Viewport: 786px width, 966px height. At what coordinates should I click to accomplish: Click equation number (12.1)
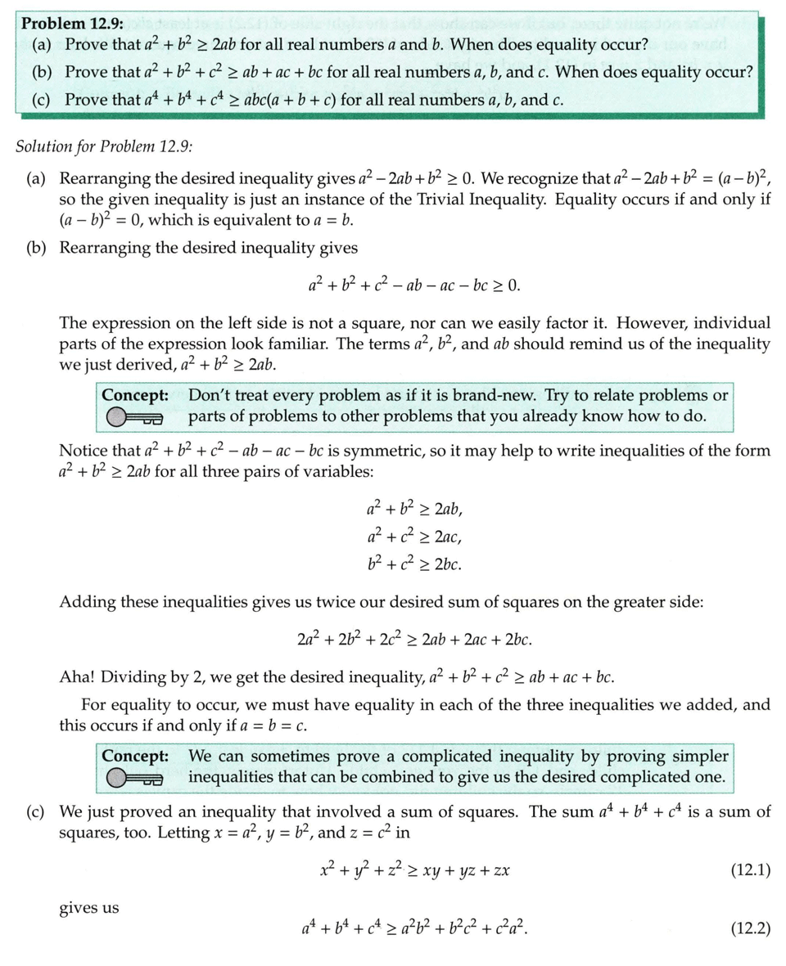(750, 869)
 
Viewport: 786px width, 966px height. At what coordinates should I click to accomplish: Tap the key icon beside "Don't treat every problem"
(135, 418)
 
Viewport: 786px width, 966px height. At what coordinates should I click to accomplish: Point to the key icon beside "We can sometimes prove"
(135, 778)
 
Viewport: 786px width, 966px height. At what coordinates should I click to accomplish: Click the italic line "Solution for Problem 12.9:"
(104, 146)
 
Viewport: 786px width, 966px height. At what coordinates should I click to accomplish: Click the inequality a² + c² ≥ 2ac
(416, 537)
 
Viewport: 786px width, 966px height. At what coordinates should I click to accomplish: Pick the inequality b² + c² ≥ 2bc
(416, 564)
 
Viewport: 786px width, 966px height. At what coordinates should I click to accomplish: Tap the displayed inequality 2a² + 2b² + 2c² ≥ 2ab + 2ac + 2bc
(416, 638)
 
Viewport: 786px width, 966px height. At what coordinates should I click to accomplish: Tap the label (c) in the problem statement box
(41, 100)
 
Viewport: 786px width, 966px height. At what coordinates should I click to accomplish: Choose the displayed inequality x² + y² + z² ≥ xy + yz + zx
(415, 870)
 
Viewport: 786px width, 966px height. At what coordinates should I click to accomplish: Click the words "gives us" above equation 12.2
(88, 907)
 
